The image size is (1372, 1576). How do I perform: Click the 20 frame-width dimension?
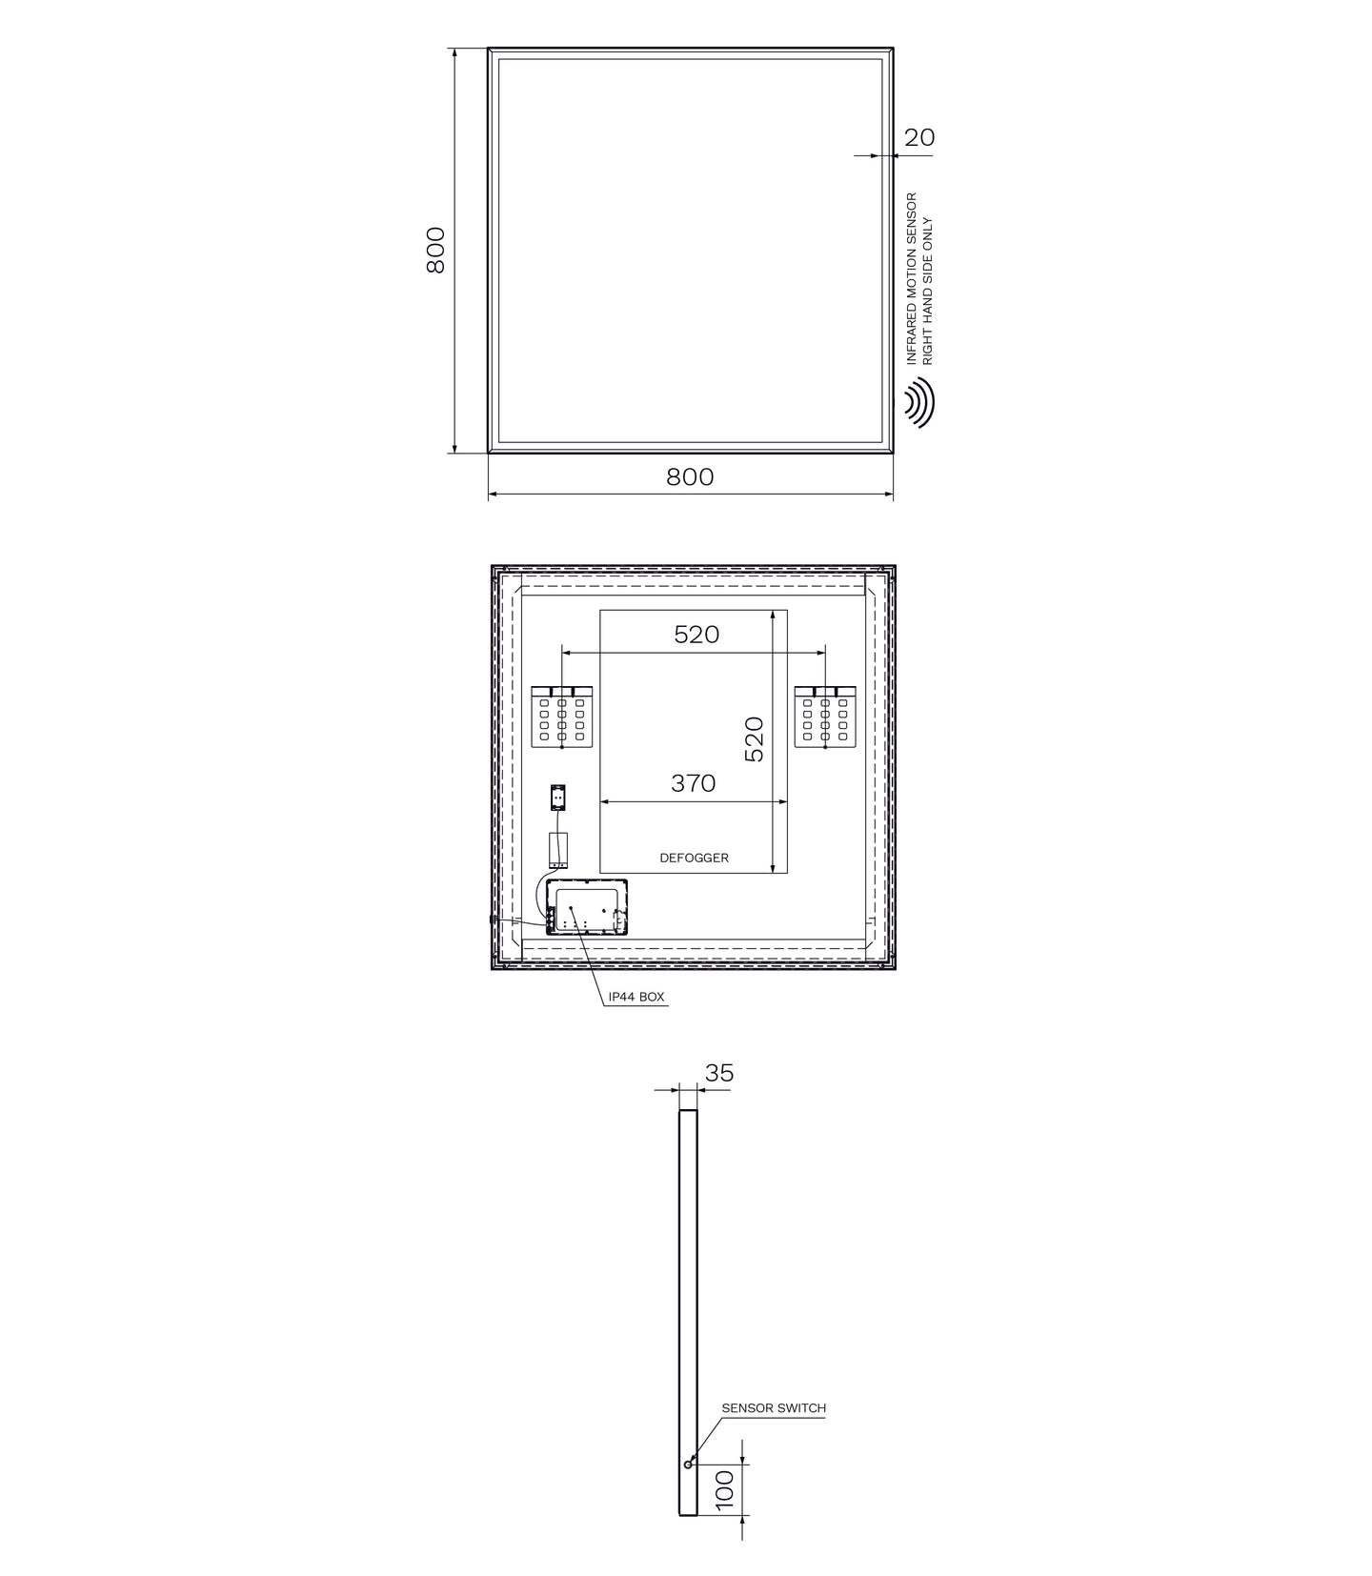[918, 137]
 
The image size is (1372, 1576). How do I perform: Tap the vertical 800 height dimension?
[435, 250]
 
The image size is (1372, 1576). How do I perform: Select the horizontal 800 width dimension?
[690, 476]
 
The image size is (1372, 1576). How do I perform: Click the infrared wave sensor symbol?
[918, 403]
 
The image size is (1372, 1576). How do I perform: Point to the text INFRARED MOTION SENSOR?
[911, 278]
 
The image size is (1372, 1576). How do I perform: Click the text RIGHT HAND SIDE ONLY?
[929, 291]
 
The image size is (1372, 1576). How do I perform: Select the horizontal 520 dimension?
[696, 635]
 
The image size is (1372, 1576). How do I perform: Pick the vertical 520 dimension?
[754, 739]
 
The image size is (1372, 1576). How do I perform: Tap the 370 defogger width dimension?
[693, 783]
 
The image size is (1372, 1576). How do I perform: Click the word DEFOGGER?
[694, 858]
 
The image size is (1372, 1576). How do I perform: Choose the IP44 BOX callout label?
[636, 998]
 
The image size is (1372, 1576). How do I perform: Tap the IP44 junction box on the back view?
[587, 907]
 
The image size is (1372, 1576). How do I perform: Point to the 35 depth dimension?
[719, 1073]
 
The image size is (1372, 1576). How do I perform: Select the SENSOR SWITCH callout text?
[774, 1407]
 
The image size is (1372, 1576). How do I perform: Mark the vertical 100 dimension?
[726, 1489]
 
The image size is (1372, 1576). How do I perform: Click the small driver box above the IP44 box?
[558, 850]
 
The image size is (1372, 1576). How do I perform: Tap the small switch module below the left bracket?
[558, 797]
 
